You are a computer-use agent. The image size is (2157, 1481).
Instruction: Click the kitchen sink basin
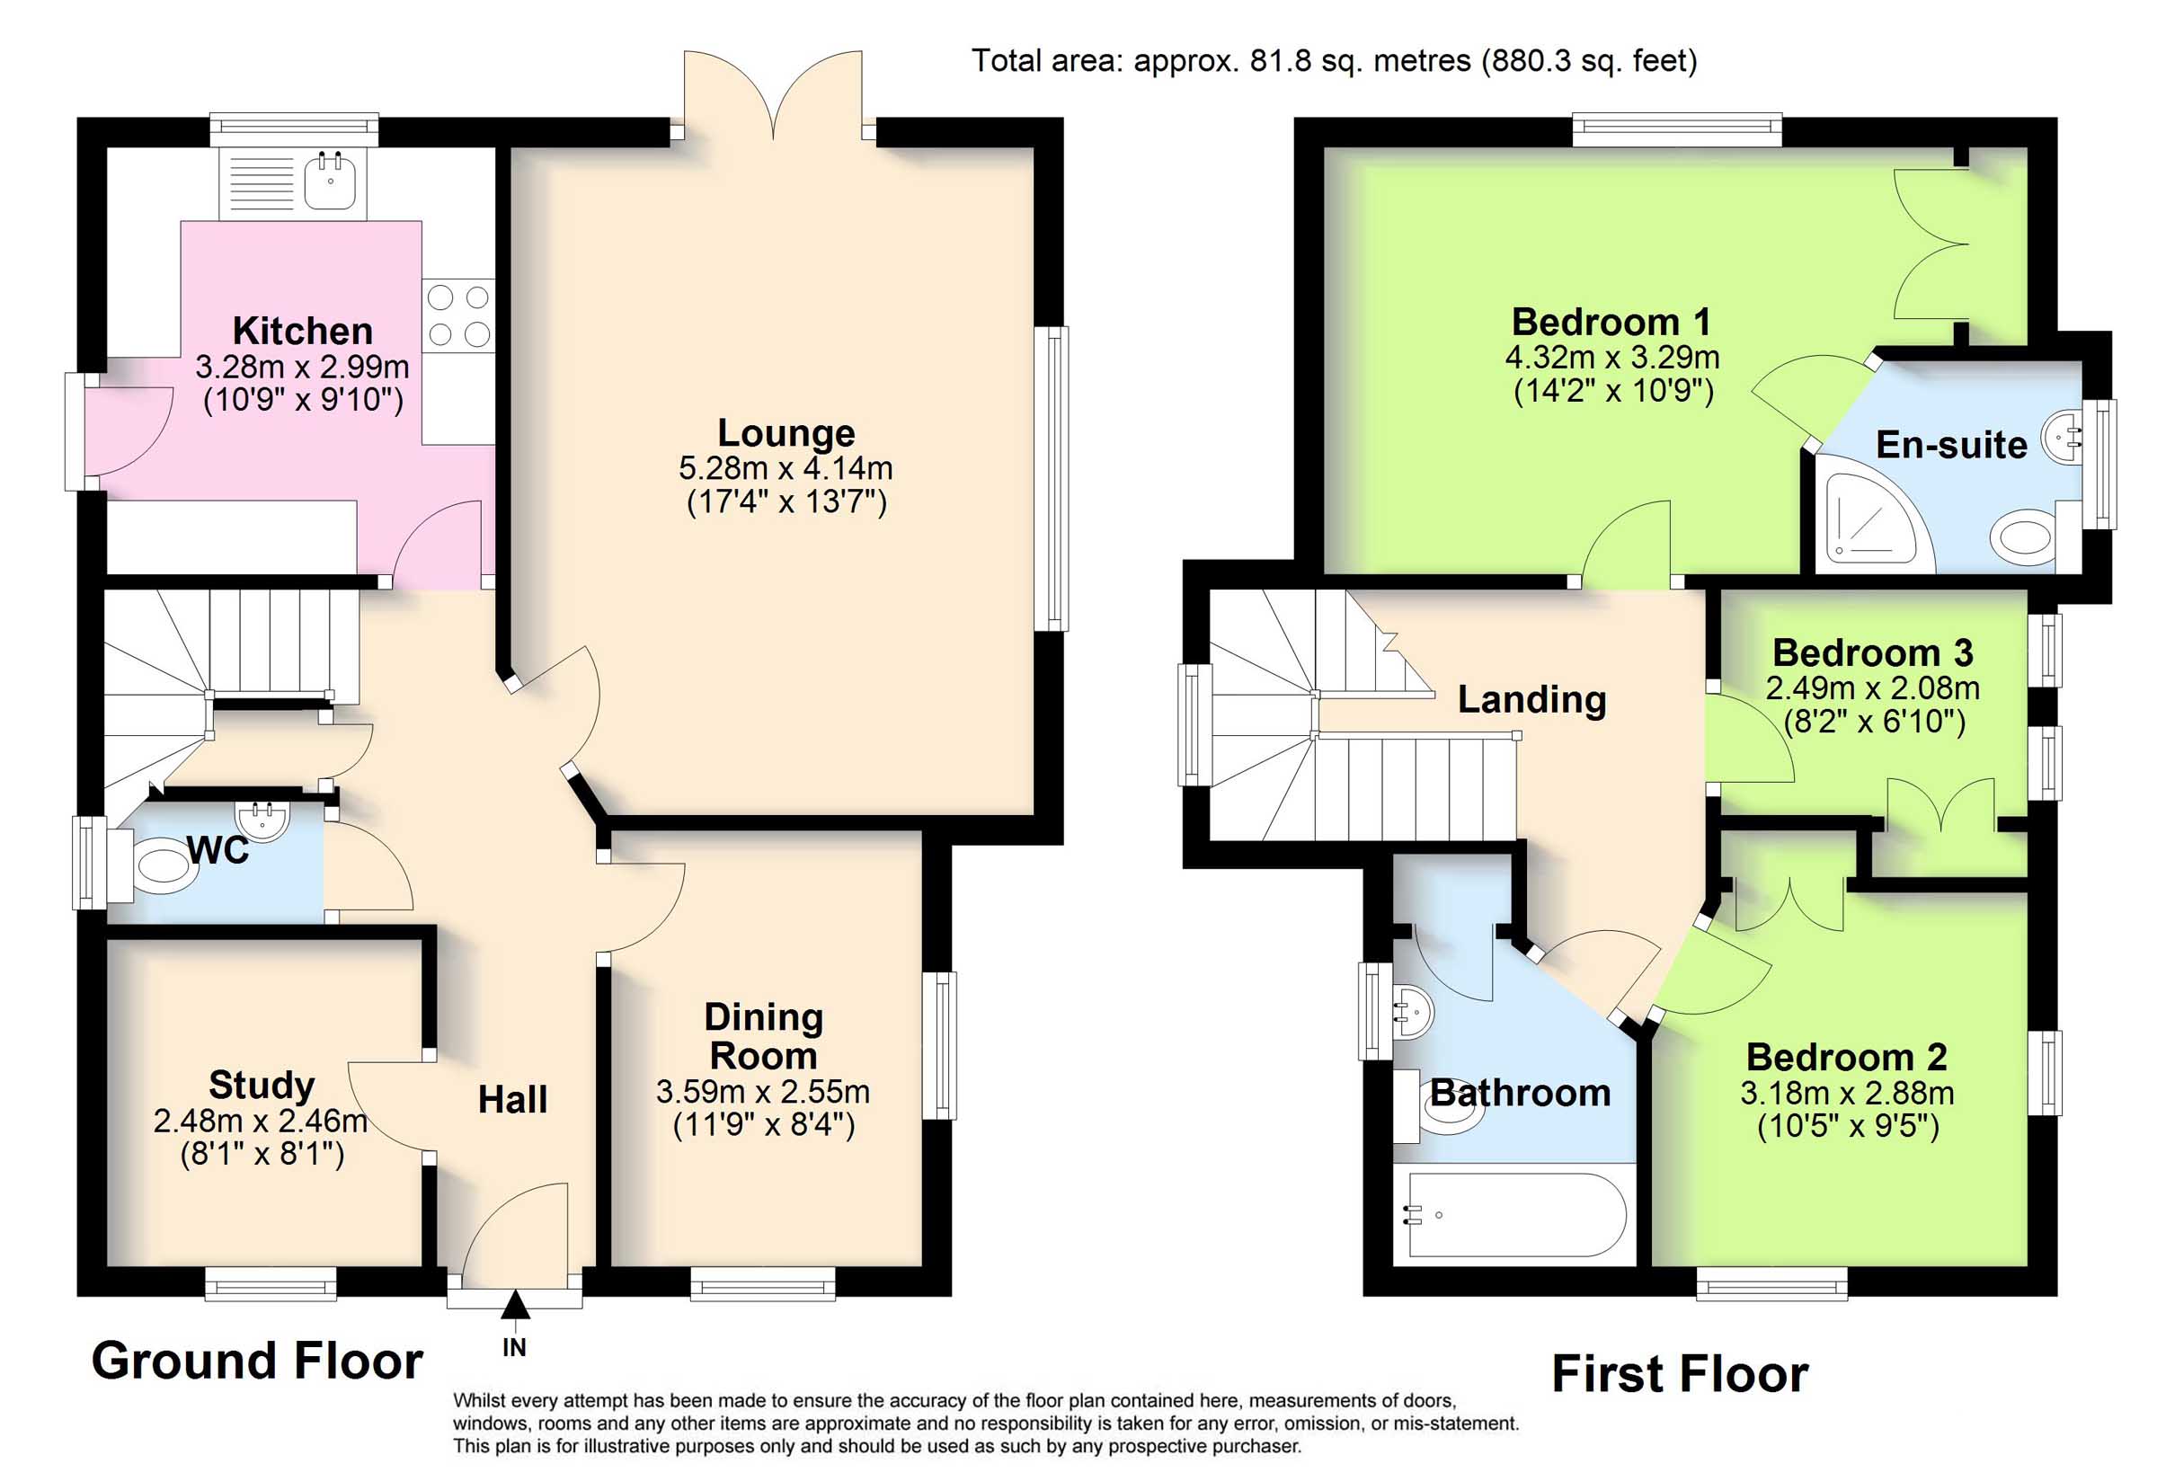(x=330, y=181)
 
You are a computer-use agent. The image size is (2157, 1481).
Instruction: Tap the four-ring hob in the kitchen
(x=458, y=315)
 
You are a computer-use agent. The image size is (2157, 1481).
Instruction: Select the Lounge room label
(x=786, y=433)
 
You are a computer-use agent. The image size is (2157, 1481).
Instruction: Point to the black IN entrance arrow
(x=515, y=1305)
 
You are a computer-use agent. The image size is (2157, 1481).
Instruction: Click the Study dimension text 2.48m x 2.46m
(x=261, y=1122)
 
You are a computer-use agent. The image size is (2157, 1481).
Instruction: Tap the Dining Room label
(x=764, y=1036)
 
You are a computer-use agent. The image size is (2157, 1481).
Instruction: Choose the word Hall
(x=512, y=1101)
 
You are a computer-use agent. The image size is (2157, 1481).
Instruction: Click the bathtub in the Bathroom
(x=1514, y=1215)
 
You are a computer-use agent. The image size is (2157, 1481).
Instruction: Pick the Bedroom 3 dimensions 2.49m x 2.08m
(x=1872, y=688)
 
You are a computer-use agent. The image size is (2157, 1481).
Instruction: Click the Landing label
(x=1531, y=700)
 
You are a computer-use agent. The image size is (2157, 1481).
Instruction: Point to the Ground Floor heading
(x=257, y=1361)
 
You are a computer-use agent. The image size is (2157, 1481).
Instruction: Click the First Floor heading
(x=1680, y=1374)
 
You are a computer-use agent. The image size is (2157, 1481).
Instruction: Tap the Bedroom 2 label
(x=1846, y=1058)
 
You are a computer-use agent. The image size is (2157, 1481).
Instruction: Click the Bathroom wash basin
(x=1413, y=1013)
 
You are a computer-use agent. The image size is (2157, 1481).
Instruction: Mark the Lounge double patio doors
(x=773, y=94)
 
